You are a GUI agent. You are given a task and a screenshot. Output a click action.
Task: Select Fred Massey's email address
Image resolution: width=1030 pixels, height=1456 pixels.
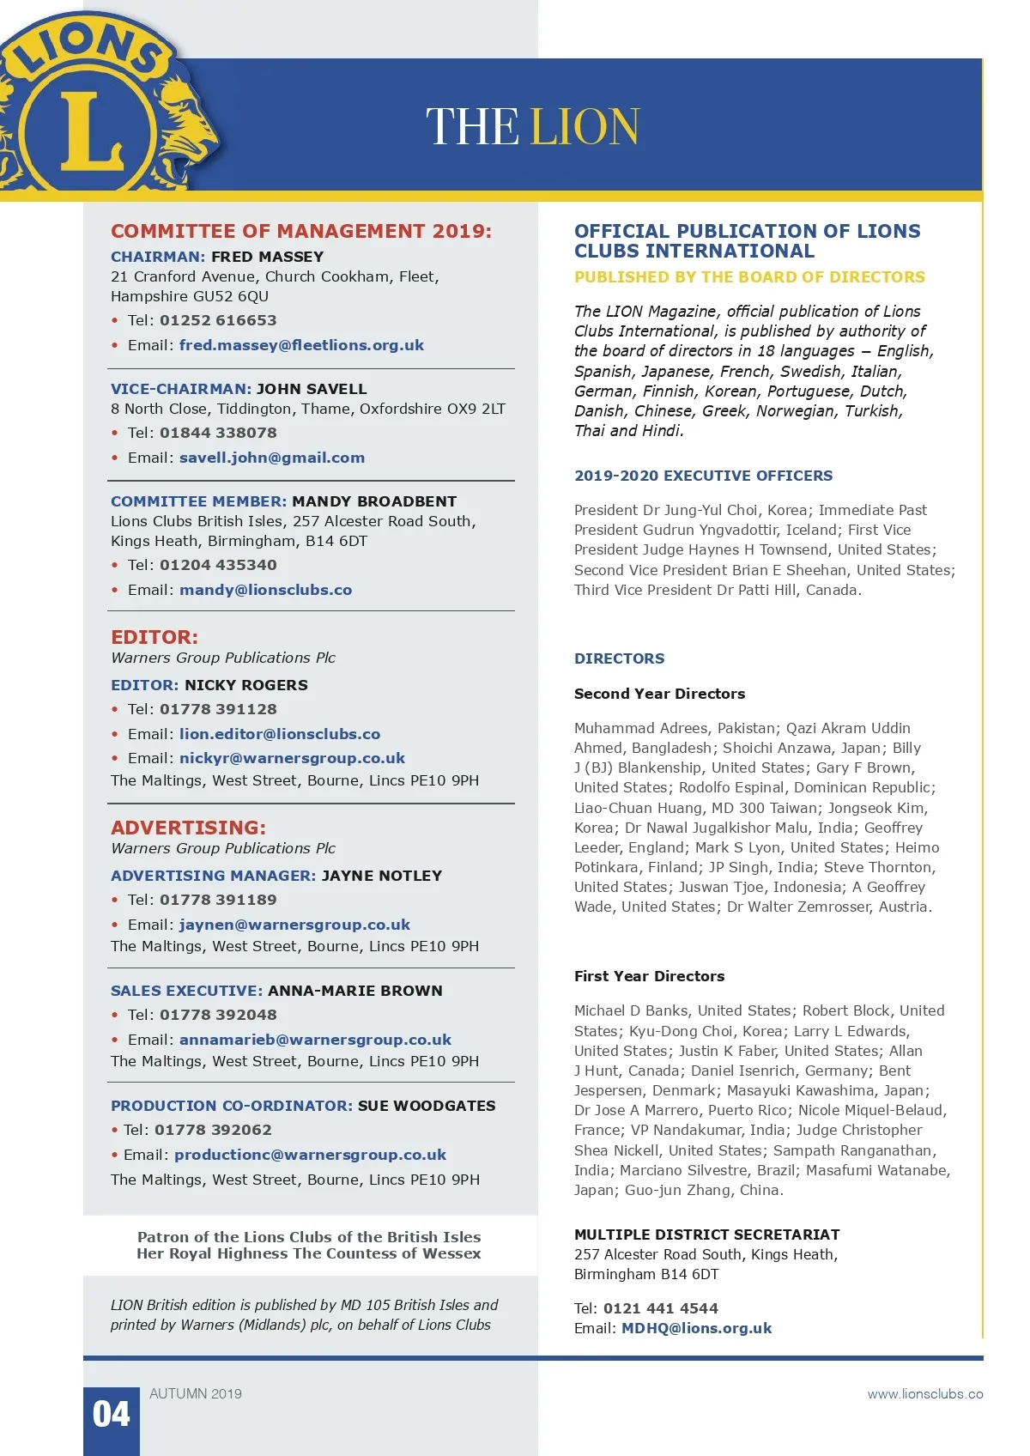[301, 345]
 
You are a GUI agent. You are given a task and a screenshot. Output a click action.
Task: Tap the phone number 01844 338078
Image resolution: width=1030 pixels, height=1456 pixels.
[218, 433]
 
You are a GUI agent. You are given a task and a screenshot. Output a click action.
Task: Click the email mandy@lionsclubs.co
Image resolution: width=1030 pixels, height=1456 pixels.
[265, 590]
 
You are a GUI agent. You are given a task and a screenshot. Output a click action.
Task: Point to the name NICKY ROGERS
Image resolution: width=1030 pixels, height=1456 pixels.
[246, 685]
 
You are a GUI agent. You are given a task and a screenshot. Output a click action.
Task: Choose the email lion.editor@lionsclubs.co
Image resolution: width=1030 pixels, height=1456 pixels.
[280, 734]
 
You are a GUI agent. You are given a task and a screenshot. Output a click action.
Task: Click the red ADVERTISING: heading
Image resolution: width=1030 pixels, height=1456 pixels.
[188, 828]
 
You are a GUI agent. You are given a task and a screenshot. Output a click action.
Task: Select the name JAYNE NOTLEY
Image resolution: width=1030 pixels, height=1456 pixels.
[382, 876]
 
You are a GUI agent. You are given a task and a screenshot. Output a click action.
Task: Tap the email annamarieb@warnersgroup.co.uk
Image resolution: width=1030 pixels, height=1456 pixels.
[315, 1040]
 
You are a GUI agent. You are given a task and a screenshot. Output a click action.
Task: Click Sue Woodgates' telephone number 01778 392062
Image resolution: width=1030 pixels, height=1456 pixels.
[213, 1130]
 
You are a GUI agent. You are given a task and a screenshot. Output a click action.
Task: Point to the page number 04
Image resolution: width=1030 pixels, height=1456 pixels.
[112, 1415]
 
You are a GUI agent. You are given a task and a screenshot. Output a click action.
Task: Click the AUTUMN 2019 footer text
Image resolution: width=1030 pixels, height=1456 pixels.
[196, 1394]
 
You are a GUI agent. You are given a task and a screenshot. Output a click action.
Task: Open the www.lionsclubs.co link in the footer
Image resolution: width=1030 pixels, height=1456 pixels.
[925, 1394]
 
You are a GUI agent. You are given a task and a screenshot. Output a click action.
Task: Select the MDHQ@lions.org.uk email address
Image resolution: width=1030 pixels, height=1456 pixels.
[696, 1328]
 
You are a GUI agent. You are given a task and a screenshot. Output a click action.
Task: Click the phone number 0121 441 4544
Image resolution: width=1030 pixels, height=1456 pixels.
[660, 1308]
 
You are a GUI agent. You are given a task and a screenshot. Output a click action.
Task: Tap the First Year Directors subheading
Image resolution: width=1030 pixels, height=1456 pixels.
[649, 976]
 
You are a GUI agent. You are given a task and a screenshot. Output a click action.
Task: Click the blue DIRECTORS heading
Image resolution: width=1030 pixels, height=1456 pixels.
[619, 658]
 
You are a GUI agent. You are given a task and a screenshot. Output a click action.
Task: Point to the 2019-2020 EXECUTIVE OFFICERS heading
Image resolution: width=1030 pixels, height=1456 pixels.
[703, 476]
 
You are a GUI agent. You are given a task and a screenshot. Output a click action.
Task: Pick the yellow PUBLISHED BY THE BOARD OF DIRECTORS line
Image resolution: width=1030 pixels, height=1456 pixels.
[749, 277]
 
